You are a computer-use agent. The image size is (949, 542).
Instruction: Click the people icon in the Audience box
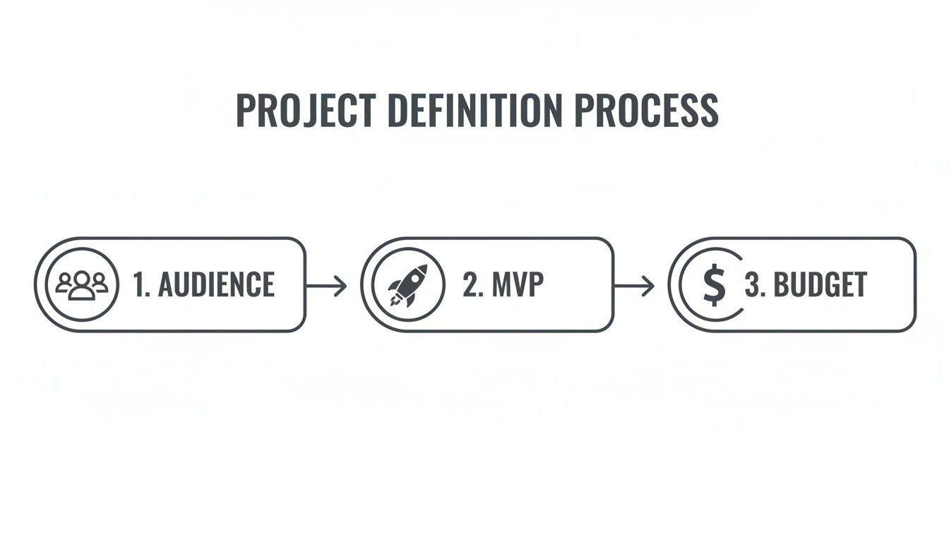pos(82,284)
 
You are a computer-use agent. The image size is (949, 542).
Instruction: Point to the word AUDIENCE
pos(216,284)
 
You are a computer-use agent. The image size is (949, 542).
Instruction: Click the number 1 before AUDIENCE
pos(140,284)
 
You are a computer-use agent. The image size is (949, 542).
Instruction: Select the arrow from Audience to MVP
pos(326,285)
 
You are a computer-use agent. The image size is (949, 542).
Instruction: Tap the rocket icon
pos(407,285)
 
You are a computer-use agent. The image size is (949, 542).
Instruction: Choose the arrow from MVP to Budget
pos(634,285)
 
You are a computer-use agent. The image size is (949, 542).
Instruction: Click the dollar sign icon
pos(715,284)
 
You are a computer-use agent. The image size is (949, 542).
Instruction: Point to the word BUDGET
pos(820,284)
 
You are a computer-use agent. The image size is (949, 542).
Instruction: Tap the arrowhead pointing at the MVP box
pos(342,285)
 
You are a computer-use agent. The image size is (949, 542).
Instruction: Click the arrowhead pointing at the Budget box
pos(650,285)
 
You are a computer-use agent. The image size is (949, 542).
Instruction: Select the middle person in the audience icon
pos(82,284)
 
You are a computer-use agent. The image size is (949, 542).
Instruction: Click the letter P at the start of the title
pos(244,111)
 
